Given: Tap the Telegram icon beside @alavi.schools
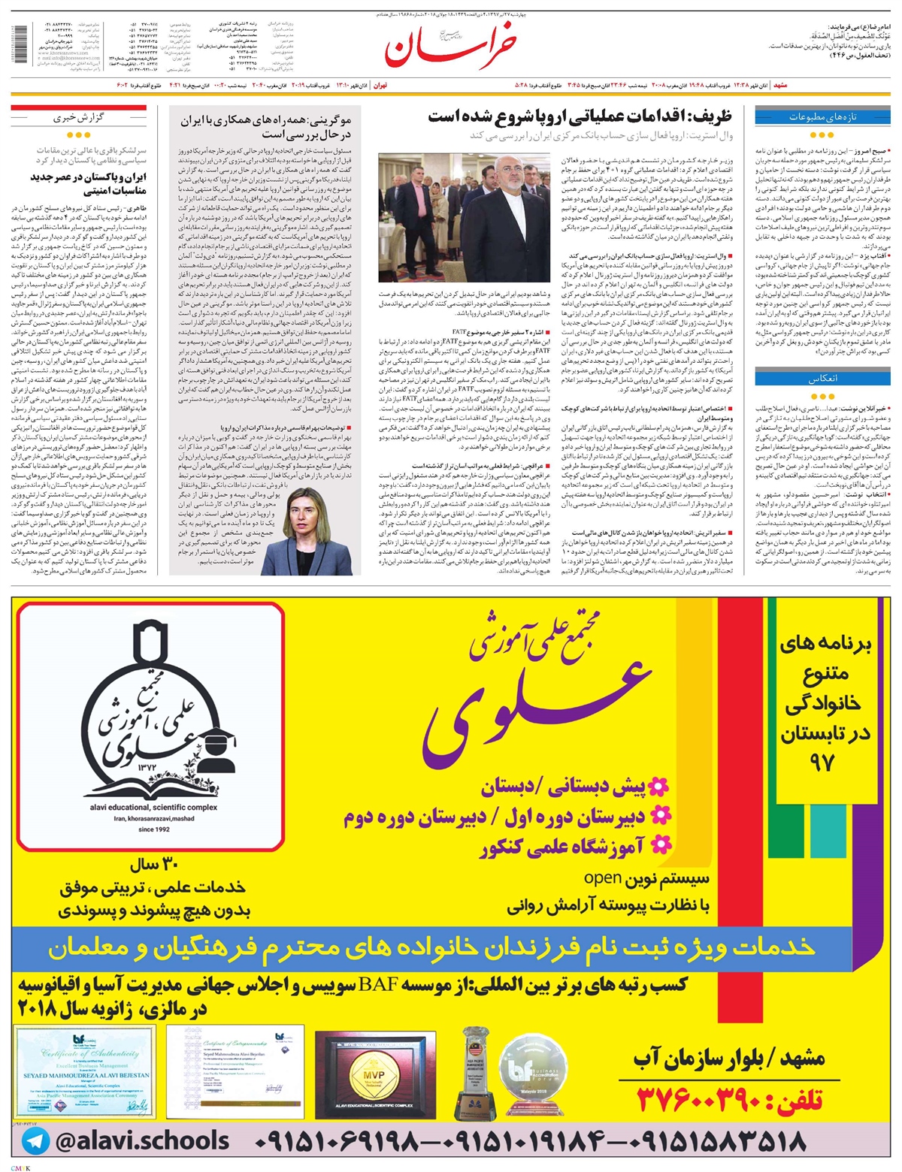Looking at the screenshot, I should (x=35, y=1141).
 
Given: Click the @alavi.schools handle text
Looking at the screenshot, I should (x=142, y=1141).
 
